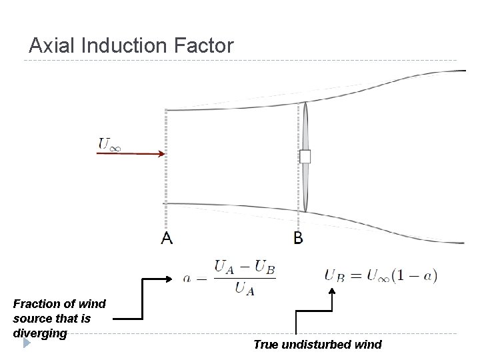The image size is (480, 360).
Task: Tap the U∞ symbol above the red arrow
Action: click(x=110, y=143)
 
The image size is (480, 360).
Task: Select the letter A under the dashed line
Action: click(x=167, y=238)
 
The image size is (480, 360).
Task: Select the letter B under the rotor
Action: click(x=298, y=238)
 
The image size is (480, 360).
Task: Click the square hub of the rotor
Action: click(x=305, y=157)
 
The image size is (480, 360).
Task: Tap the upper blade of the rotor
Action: click(x=305, y=127)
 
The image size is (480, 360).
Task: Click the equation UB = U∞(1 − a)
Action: click(x=381, y=275)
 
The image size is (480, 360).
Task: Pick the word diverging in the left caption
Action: click(x=40, y=332)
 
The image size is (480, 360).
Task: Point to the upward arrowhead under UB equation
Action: click(x=331, y=291)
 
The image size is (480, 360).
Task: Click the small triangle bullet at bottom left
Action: click(x=27, y=344)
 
